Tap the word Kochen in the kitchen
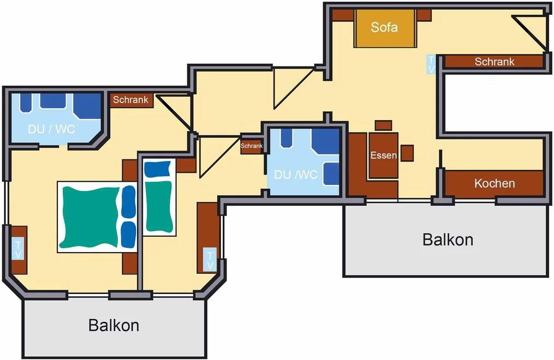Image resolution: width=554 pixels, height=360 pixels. point(495,183)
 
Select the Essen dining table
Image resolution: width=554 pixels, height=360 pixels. point(383,155)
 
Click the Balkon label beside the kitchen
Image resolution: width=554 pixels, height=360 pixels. point(448,239)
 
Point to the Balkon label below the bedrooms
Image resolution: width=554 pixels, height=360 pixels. point(114,325)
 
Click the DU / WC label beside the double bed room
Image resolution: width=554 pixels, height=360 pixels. point(52,129)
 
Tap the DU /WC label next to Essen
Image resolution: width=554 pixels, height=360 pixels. point(296,175)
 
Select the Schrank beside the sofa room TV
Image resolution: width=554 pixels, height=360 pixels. point(494,62)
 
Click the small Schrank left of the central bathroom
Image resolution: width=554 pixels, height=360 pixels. point(252,146)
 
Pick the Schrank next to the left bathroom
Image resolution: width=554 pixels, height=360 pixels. point(131,100)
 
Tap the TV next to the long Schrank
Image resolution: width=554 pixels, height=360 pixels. point(431,64)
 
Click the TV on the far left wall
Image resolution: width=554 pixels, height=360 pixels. point(18,249)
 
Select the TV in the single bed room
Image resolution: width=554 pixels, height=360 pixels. point(210,260)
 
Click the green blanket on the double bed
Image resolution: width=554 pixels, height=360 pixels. point(90,217)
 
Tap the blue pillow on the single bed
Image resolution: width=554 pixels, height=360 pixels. point(158,169)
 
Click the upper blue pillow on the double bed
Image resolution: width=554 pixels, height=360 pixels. point(129,201)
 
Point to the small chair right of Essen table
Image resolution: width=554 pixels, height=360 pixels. point(407,153)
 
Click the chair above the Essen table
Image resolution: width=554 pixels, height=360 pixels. point(383,125)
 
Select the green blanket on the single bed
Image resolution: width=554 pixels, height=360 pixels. point(159,206)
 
